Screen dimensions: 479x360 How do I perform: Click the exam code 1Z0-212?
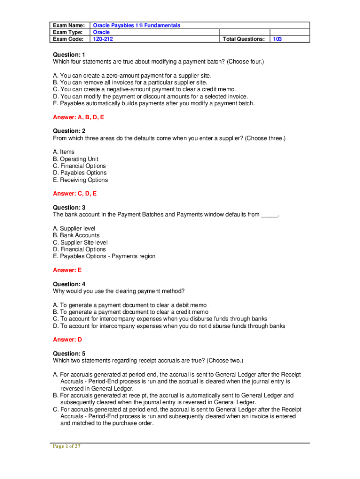(103, 39)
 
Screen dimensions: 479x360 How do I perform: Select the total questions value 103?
(277, 39)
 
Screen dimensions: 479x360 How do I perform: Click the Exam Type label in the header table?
(68, 32)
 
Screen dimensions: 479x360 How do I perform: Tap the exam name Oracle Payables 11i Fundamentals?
(137, 25)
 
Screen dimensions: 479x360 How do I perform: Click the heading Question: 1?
(69, 55)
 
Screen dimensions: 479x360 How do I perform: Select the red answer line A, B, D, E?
(79, 117)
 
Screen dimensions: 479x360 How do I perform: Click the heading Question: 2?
(69, 131)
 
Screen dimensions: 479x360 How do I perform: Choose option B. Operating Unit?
(76, 159)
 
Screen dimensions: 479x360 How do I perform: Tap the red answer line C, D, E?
(75, 193)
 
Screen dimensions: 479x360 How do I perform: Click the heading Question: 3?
(69, 207)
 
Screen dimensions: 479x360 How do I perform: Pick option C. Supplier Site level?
(80, 242)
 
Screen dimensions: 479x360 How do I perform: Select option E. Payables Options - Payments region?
(104, 256)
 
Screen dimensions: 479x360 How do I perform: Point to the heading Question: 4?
(69, 284)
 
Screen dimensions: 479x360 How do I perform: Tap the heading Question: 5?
(69, 354)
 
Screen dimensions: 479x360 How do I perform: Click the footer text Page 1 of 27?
(66, 446)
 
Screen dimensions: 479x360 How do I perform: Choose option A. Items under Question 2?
(64, 152)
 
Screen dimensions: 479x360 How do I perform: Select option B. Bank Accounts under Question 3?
(76, 235)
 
